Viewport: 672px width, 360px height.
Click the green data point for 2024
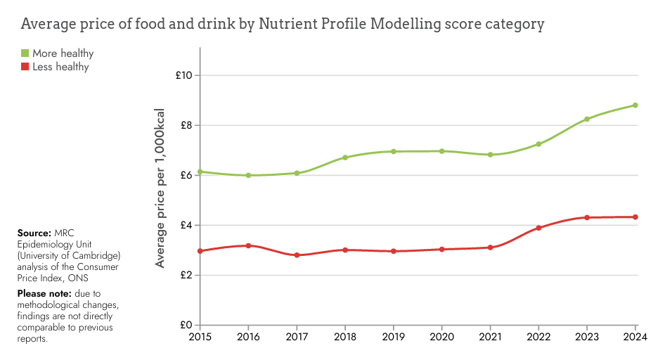[635, 105]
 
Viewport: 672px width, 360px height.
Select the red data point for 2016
[248, 245]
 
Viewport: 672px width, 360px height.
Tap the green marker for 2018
[345, 157]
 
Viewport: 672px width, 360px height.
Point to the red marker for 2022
[538, 228]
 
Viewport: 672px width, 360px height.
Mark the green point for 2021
[490, 155]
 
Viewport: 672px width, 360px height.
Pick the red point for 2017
[297, 255]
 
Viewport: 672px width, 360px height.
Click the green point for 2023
[587, 119]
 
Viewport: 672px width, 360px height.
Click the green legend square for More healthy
[25, 53]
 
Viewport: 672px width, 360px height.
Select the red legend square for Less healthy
[25, 67]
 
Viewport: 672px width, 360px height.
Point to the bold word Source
[34, 233]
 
